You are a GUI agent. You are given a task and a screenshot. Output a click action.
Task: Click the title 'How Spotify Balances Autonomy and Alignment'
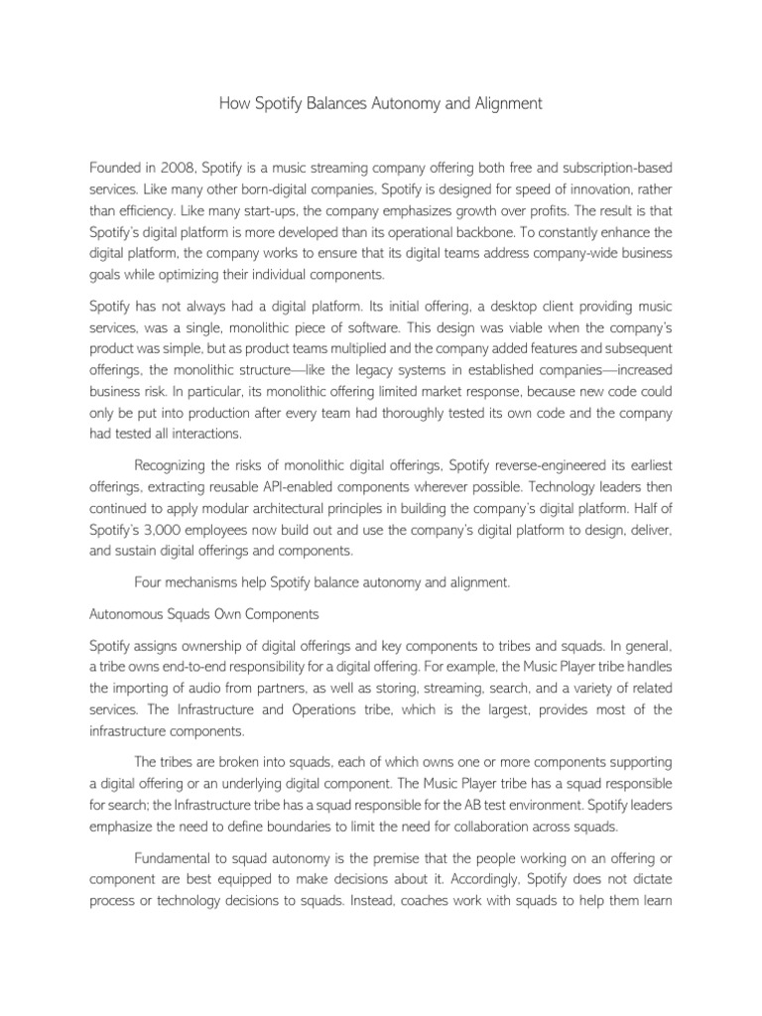coord(381,103)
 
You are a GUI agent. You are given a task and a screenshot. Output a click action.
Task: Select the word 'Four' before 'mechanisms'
coord(148,583)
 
